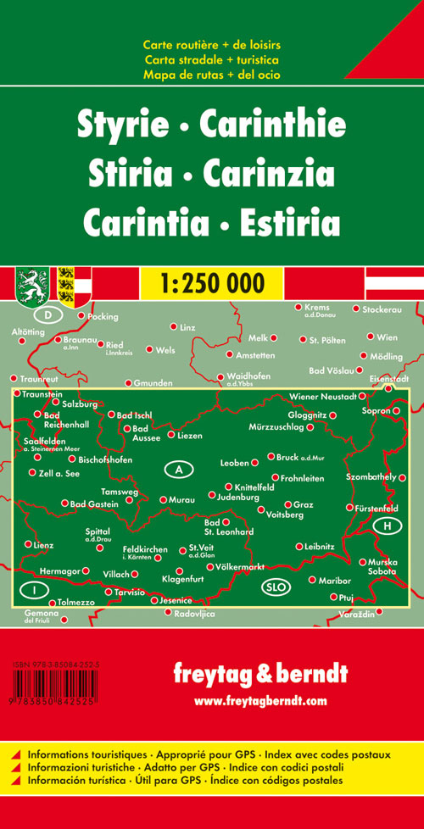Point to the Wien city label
[x=387, y=337]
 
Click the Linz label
[x=188, y=326]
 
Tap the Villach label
[x=116, y=574]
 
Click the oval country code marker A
[x=178, y=469]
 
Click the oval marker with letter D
[x=50, y=316]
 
